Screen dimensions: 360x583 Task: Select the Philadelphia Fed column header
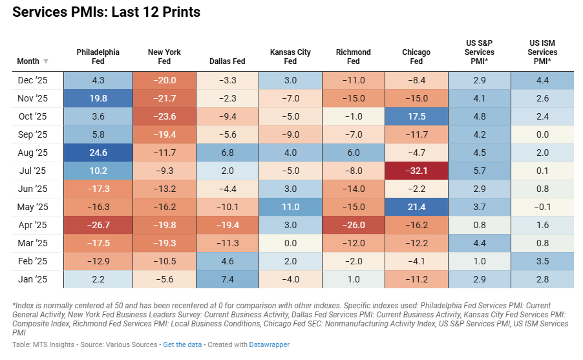pos(98,56)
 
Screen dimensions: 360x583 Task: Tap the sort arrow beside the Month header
pos(46,61)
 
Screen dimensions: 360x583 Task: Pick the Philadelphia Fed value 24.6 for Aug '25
pos(98,153)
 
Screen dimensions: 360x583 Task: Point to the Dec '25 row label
pos(33,80)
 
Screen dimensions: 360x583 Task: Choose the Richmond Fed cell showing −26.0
pos(354,225)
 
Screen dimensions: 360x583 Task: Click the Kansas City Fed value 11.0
pos(290,207)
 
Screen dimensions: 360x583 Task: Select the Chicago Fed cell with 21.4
pos(416,207)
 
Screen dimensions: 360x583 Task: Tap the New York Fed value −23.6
pos(164,116)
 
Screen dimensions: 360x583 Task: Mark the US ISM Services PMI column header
pos(542,52)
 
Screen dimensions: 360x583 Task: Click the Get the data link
pos(183,344)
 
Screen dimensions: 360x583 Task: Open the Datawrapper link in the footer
pos(270,344)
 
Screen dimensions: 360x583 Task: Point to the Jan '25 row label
pos(33,279)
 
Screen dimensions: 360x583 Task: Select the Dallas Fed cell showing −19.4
pos(227,225)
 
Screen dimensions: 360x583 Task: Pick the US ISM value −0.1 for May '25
pos(542,207)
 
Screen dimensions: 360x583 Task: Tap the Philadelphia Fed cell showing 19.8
pos(98,98)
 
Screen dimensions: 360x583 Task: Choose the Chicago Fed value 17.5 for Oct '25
pos(416,116)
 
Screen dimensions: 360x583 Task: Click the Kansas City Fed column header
pos(290,56)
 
